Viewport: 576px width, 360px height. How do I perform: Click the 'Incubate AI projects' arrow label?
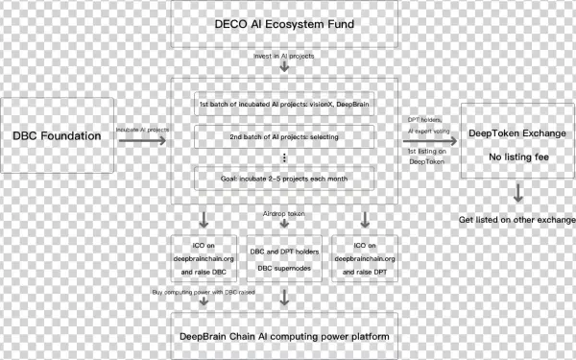coord(142,127)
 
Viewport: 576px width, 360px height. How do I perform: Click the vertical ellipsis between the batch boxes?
coord(285,157)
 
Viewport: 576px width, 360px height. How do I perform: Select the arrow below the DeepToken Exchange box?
coord(518,192)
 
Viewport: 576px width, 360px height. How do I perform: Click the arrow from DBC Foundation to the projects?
coord(142,140)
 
